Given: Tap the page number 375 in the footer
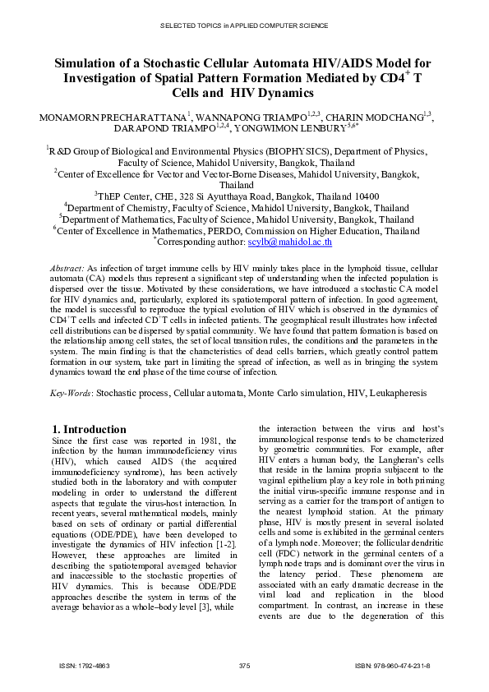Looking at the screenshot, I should [x=244, y=664].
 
